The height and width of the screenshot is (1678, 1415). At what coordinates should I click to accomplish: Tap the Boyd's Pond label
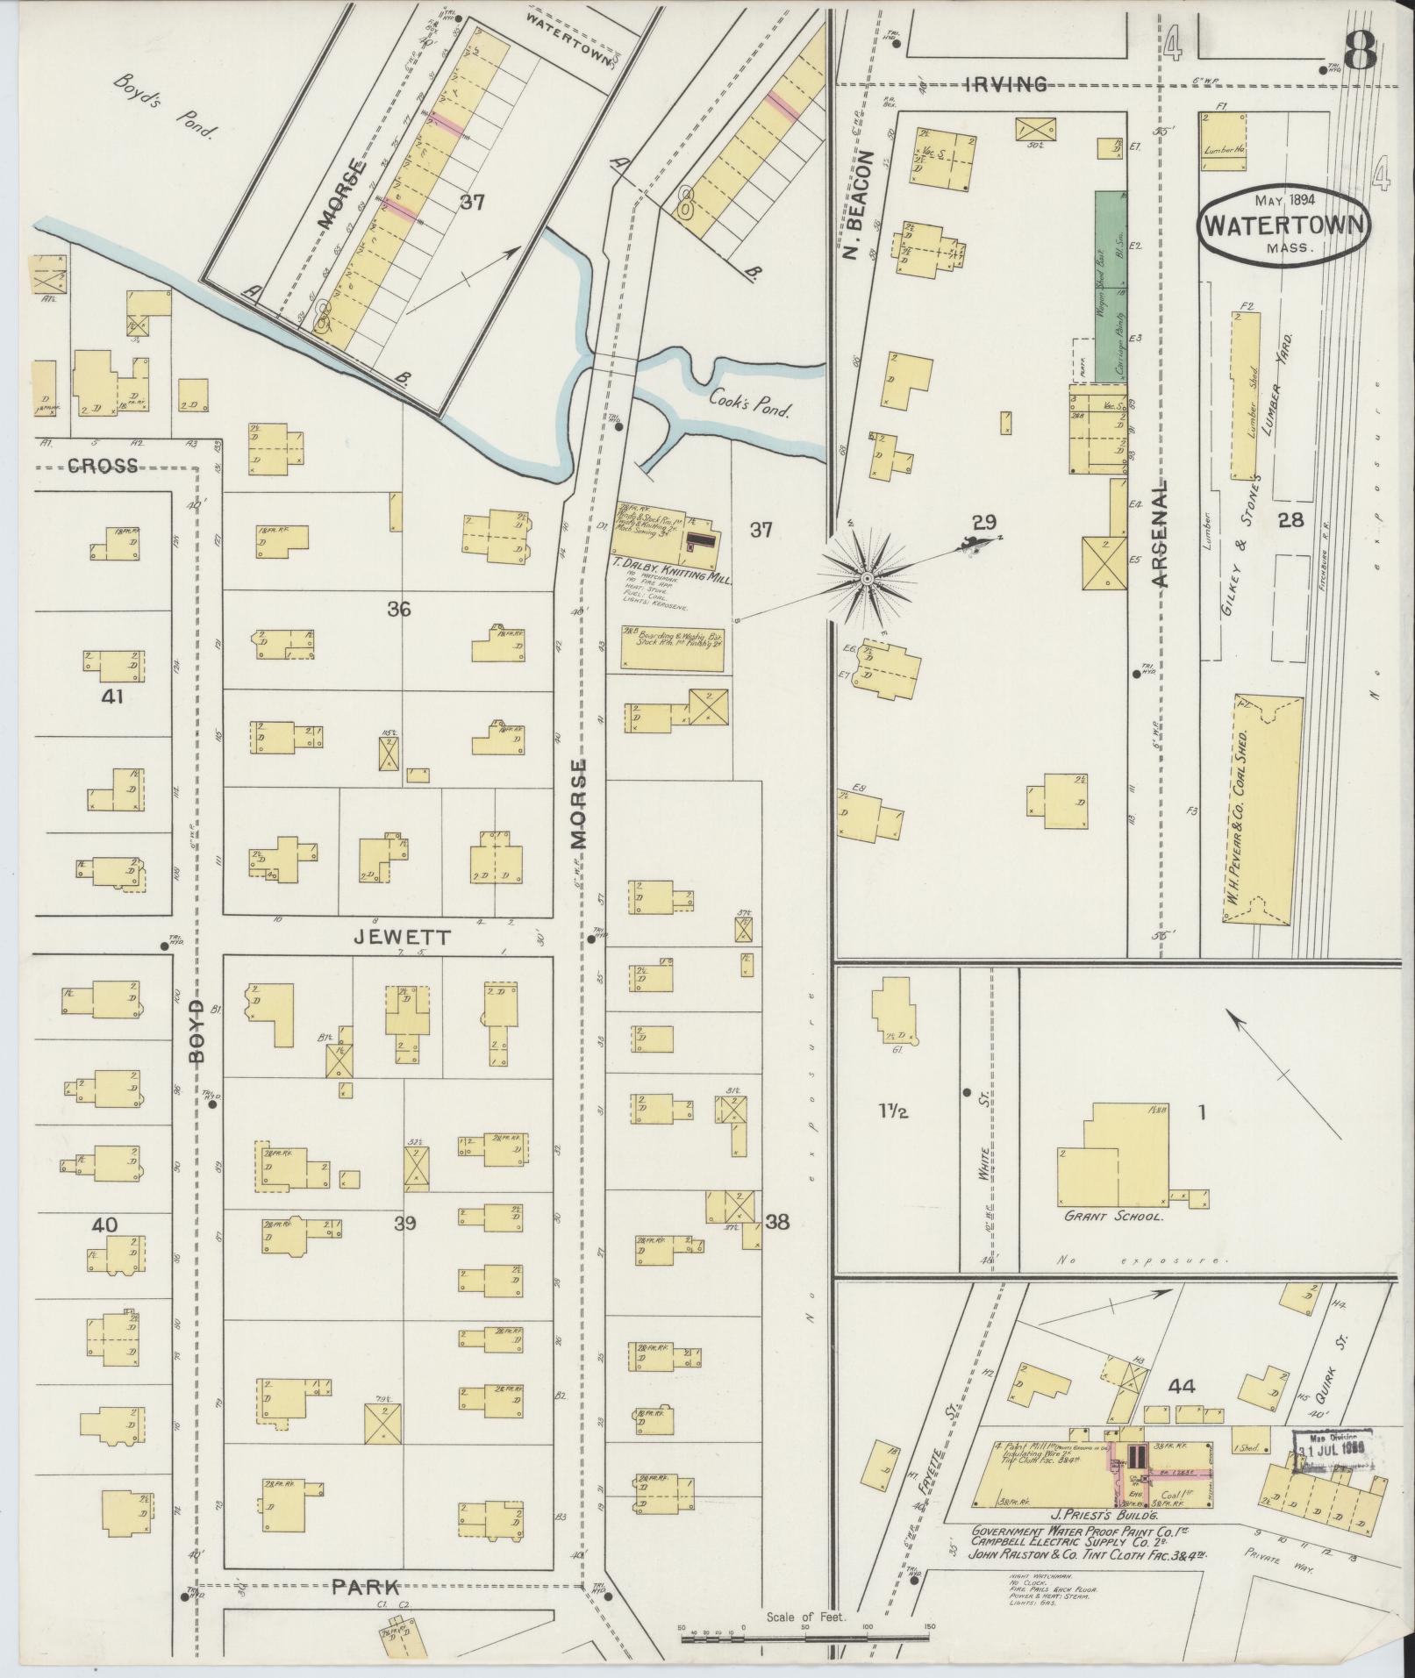coord(165,107)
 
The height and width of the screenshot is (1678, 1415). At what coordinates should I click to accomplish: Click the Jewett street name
coord(401,938)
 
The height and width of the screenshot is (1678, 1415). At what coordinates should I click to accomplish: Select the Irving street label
coord(1005,84)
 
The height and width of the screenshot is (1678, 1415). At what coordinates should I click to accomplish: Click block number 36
coord(399,609)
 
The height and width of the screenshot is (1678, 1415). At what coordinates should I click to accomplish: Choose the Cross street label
coord(104,466)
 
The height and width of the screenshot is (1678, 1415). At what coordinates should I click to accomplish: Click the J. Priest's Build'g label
coord(1099,1515)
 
